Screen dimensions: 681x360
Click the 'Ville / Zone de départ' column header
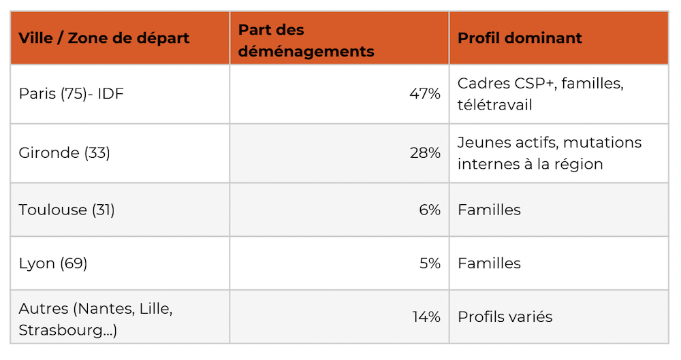click(x=104, y=38)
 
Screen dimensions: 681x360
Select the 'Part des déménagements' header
click(x=306, y=40)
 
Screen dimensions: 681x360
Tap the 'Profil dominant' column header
click(x=520, y=38)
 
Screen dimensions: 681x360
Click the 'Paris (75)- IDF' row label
click(x=72, y=94)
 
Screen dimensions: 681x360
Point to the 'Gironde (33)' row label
click(x=64, y=153)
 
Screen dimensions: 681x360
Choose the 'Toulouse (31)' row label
click(x=67, y=210)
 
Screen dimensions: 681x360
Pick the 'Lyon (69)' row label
click(x=53, y=263)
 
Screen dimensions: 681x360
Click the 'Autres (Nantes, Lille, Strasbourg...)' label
click(x=95, y=319)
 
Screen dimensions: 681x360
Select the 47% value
click(x=425, y=94)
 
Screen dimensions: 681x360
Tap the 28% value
click(x=425, y=153)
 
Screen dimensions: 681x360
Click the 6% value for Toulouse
click(x=430, y=210)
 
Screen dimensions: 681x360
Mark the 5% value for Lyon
click(x=430, y=263)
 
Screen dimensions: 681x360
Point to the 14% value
click(x=426, y=317)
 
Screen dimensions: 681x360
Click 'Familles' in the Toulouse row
click(x=489, y=210)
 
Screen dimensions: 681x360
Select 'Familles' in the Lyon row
click(x=489, y=263)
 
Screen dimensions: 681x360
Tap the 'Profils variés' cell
click(x=505, y=317)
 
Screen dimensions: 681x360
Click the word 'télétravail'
click(x=494, y=105)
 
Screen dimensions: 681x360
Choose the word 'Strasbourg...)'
click(x=67, y=331)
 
